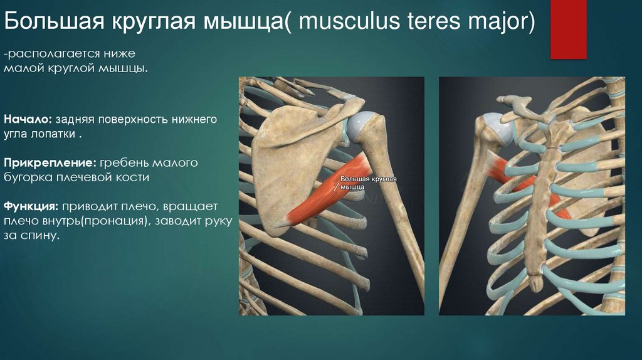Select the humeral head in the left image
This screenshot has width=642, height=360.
coord(362,125)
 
